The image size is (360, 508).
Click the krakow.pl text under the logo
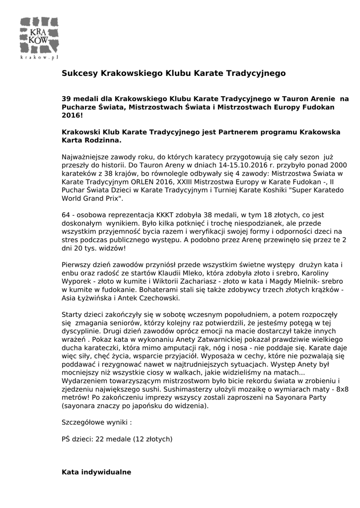point(39,58)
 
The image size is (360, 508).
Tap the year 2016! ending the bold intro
point(72,115)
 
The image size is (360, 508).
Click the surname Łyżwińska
point(97,298)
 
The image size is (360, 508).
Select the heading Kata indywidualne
point(96,472)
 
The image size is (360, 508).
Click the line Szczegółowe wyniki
point(96,423)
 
